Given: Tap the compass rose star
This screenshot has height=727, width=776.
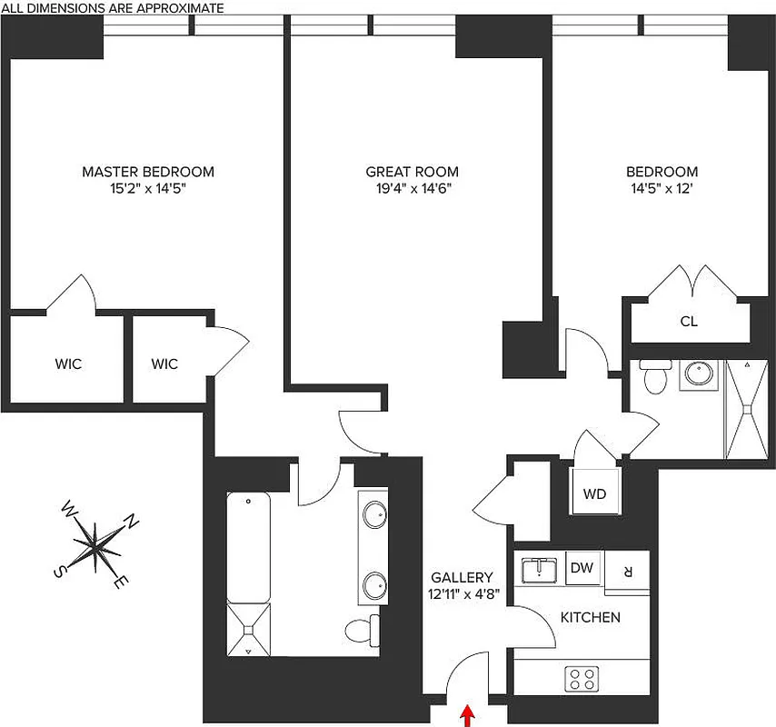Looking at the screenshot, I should point(95,544).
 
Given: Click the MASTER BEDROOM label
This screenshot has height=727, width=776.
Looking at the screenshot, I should point(148,172).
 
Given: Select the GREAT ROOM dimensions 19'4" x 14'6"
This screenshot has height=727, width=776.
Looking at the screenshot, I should point(412,189).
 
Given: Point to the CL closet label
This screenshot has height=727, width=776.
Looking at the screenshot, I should point(689,322).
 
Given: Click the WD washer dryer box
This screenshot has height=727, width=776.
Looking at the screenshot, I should point(594,494).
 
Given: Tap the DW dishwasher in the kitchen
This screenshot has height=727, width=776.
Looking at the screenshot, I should point(582,569).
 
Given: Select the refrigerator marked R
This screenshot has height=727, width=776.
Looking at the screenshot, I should point(627,571).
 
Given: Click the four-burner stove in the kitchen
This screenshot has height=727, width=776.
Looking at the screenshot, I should point(582,677).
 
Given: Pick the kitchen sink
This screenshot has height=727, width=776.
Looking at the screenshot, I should point(540,570).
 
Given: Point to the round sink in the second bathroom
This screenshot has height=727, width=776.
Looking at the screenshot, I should point(699,373).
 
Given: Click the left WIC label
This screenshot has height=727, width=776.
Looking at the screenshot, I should point(68,364).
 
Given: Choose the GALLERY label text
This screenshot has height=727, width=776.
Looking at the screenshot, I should point(462,577).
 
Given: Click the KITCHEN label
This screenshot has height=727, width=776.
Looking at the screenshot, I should point(590,617).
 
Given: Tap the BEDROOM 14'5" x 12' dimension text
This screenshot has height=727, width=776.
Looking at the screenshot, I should point(662,189).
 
